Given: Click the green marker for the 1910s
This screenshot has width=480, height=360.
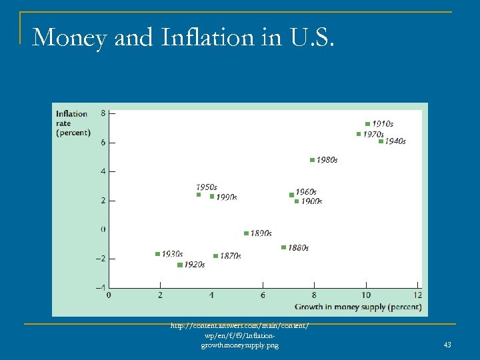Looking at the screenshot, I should pyautogui.click(x=367, y=124).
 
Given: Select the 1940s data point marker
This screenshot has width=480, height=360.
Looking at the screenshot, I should pyautogui.click(x=381, y=141).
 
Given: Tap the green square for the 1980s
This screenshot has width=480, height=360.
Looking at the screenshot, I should pyautogui.click(x=312, y=160).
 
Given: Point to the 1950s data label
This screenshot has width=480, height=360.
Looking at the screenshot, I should pyautogui.click(x=206, y=187).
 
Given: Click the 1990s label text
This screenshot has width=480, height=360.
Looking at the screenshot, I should pyautogui.click(x=227, y=197).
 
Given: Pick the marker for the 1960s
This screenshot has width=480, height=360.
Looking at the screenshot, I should pyautogui.click(x=291, y=195).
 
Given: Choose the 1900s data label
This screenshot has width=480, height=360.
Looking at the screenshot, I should pyautogui.click(x=311, y=201).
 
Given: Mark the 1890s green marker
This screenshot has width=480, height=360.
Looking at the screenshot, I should pyautogui.click(x=246, y=233).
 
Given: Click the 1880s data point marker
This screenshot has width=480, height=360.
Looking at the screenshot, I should pyautogui.click(x=283, y=247).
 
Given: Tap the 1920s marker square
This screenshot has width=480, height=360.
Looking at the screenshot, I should pyautogui.click(x=179, y=265).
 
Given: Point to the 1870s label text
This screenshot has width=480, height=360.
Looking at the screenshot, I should pyautogui.click(x=231, y=256).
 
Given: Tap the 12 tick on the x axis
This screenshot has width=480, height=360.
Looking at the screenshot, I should pyautogui.click(x=417, y=295).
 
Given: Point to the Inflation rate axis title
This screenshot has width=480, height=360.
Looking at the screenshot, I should pyautogui.click(x=72, y=123).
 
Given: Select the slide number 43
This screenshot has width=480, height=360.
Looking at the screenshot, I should pyautogui.click(x=447, y=345).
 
